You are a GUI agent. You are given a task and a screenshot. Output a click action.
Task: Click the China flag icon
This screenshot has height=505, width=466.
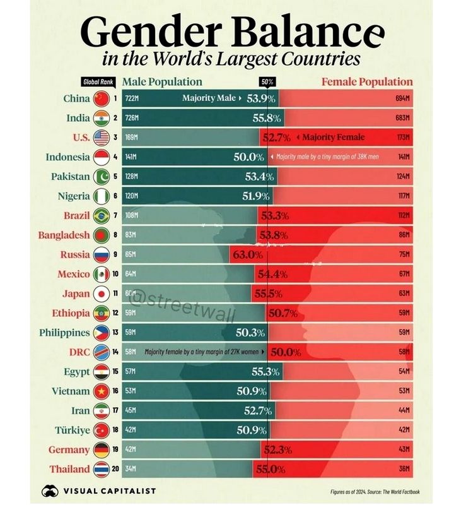pos(101,98)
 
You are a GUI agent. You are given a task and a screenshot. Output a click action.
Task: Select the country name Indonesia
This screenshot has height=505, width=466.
pos(67,157)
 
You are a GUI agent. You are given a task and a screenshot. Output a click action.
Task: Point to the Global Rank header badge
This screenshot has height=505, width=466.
pos(98,82)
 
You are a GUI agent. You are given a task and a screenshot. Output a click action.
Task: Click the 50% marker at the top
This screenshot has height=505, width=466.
pos(267,82)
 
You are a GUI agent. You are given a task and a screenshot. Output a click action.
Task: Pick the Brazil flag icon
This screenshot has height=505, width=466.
pos(101,216)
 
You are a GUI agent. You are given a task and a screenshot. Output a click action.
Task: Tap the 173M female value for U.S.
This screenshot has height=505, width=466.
pos(404,138)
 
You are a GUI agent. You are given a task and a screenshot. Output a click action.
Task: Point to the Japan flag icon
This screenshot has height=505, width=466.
pos(101,294)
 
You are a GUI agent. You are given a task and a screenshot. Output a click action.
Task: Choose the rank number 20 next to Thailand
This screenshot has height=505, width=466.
pos(115,470)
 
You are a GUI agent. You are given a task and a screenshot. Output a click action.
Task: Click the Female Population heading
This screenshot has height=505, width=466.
pos(367,82)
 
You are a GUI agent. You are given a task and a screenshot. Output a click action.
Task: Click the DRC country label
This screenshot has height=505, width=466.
pos(78,352)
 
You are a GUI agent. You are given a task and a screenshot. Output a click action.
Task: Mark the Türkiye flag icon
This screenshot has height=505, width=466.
pos(101,431)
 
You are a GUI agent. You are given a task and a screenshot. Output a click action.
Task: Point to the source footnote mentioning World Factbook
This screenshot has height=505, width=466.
pos(375,492)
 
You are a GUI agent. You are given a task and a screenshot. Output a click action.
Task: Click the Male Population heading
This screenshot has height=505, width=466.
pos(162,82)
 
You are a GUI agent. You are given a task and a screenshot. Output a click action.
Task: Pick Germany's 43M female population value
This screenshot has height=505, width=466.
pos(404,450)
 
